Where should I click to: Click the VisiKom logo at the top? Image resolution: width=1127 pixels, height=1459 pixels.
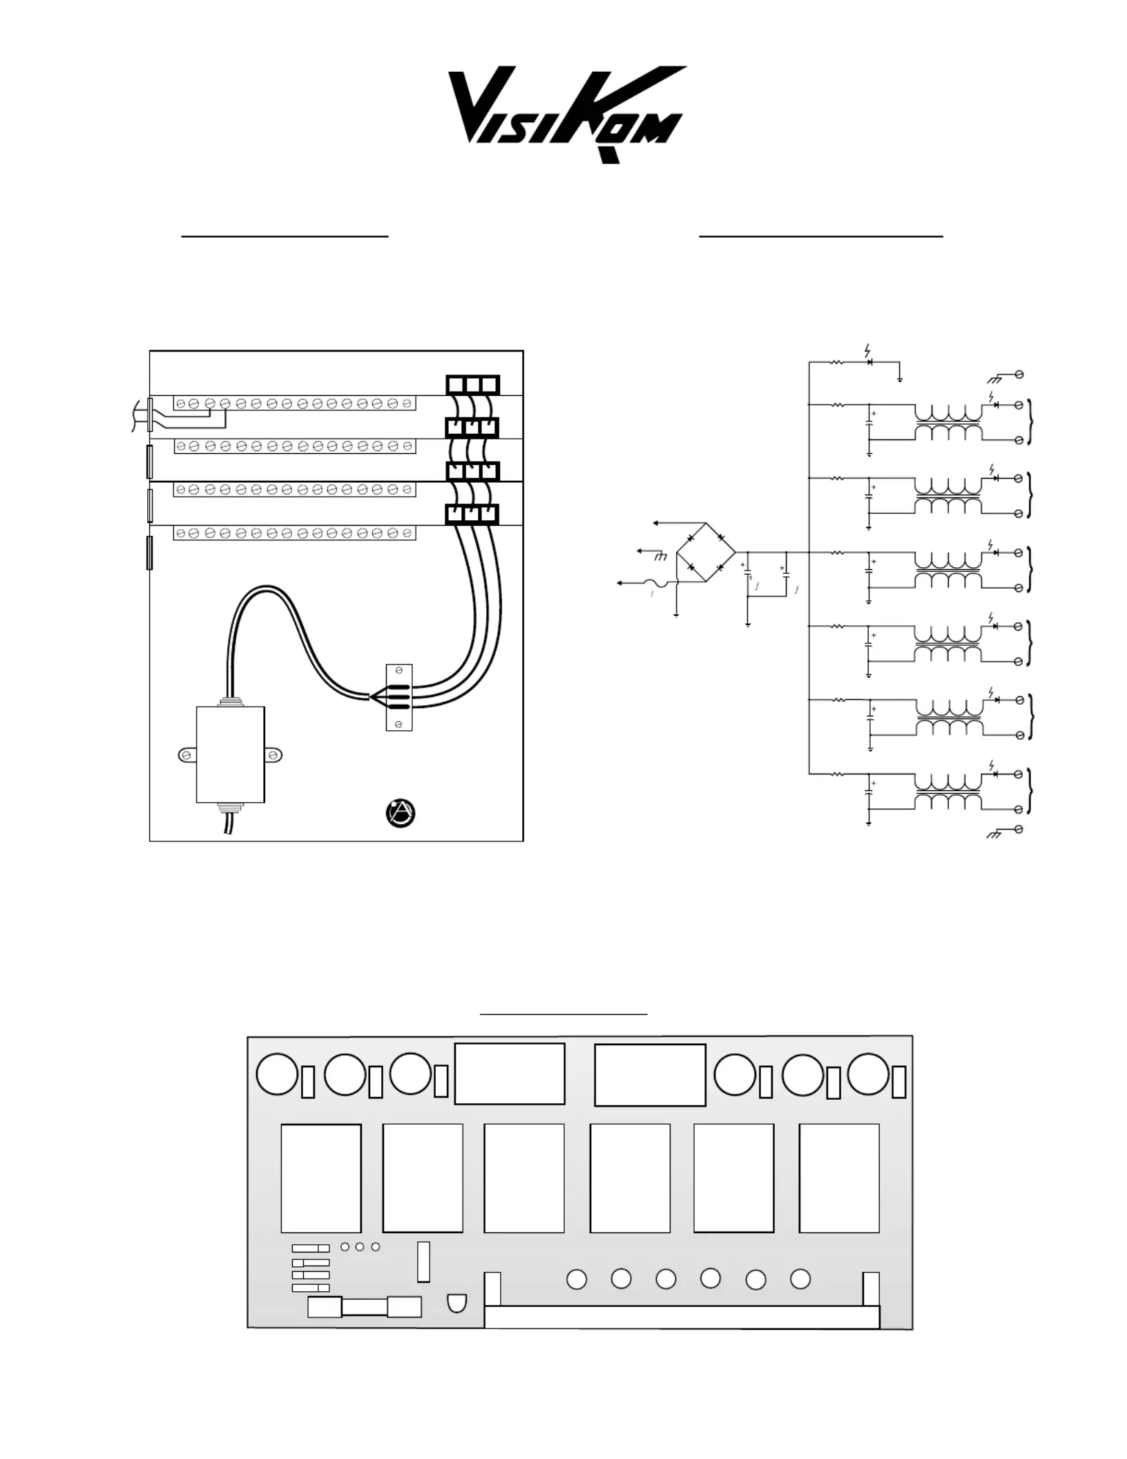567,114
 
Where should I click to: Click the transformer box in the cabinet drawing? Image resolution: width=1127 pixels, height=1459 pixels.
231,754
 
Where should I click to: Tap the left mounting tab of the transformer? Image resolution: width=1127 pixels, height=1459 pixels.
187,755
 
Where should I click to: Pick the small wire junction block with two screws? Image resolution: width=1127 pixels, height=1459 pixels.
398,697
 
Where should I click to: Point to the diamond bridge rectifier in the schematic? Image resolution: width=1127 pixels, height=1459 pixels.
706,553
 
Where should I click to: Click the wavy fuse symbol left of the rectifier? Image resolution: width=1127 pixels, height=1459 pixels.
656,584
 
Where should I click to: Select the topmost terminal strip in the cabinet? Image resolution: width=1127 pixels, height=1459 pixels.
294,403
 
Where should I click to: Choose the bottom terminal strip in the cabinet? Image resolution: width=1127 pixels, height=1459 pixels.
294,533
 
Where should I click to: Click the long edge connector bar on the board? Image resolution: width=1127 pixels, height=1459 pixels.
682,1317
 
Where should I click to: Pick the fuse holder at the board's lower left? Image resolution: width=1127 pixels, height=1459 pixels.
364,1307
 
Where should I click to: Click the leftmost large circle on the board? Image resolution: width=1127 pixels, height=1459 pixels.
277,1074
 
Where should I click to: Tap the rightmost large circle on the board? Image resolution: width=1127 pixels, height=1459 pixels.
868,1074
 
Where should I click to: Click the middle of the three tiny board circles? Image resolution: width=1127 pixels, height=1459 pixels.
360,1247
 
